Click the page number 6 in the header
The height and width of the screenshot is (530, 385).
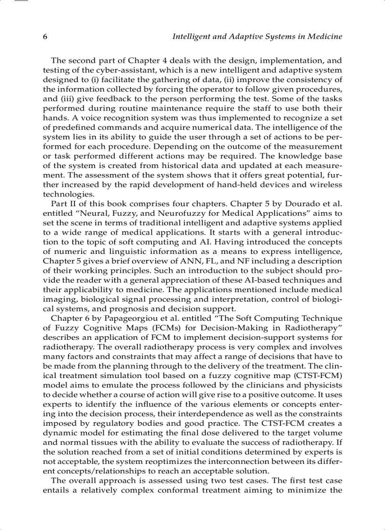point(45,37)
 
